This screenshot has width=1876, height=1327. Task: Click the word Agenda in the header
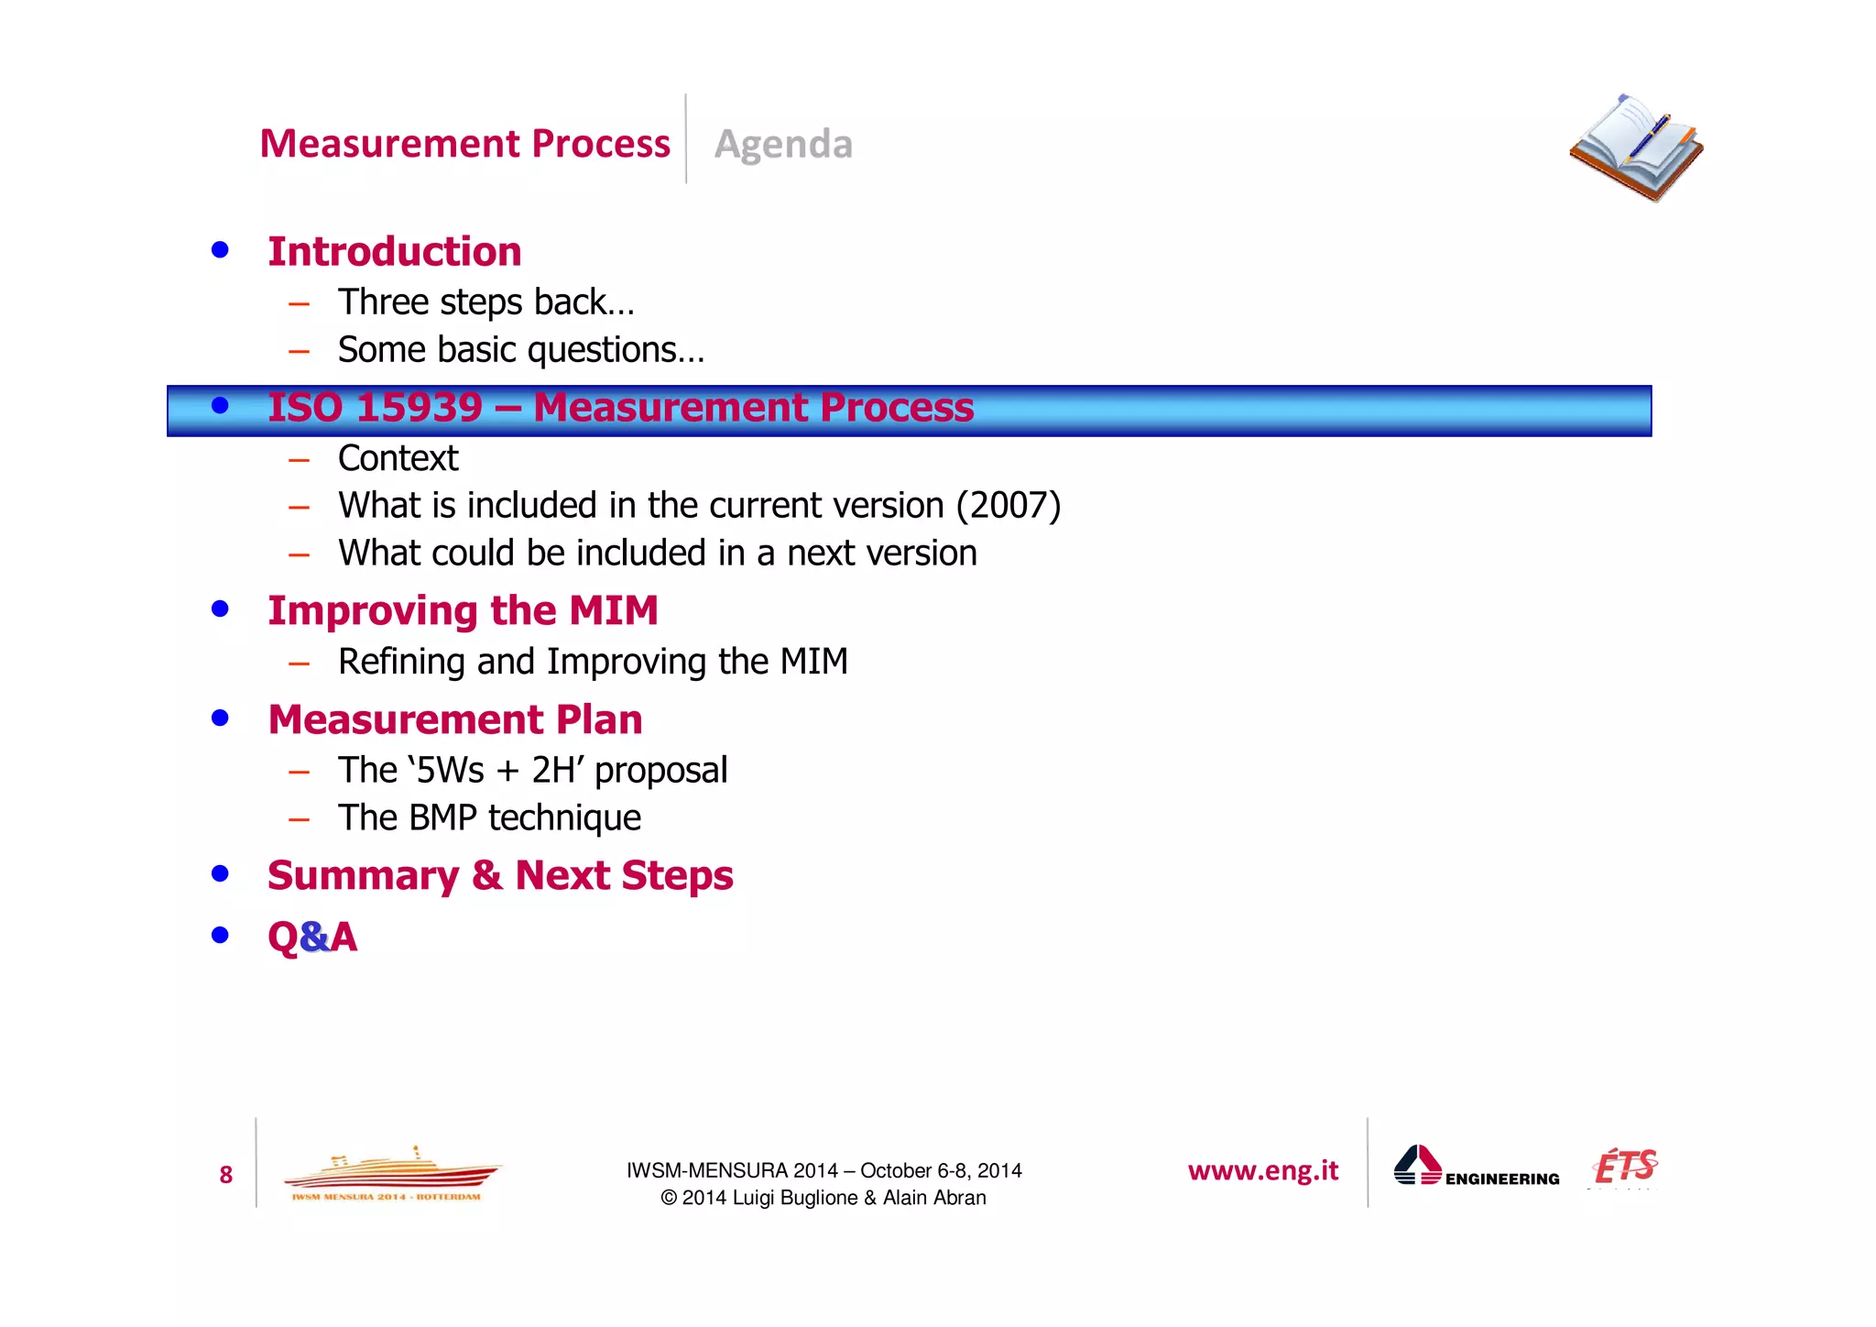[x=783, y=145]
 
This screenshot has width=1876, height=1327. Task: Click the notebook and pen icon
[x=1636, y=148]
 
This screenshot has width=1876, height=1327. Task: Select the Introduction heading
[x=394, y=252]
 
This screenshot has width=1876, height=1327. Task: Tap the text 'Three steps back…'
[x=485, y=302]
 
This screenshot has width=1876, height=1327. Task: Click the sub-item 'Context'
[x=398, y=458]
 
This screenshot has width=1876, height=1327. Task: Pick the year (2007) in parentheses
[x=1009, y=506]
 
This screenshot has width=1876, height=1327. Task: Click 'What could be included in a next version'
[x=657, y=554]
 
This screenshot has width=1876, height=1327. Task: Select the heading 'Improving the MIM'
[x=463, y=611]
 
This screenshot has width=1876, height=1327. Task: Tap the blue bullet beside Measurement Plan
[x=220, y=718]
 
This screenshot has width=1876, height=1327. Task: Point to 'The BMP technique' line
[x=489, y=818]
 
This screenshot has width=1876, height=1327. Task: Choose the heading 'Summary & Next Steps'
[x=500, y=876]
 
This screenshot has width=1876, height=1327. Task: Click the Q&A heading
[x=312, y=938]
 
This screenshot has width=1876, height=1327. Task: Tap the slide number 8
[x=226, y=1175]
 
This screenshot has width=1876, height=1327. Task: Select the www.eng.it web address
[x=1262, y=1171]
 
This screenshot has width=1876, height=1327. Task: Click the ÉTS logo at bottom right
[x=1625, y=1168]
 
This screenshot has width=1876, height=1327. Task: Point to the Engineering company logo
[x=1476, y=1168]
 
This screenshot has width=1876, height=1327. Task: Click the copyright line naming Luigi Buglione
[x=823, y=1198]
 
